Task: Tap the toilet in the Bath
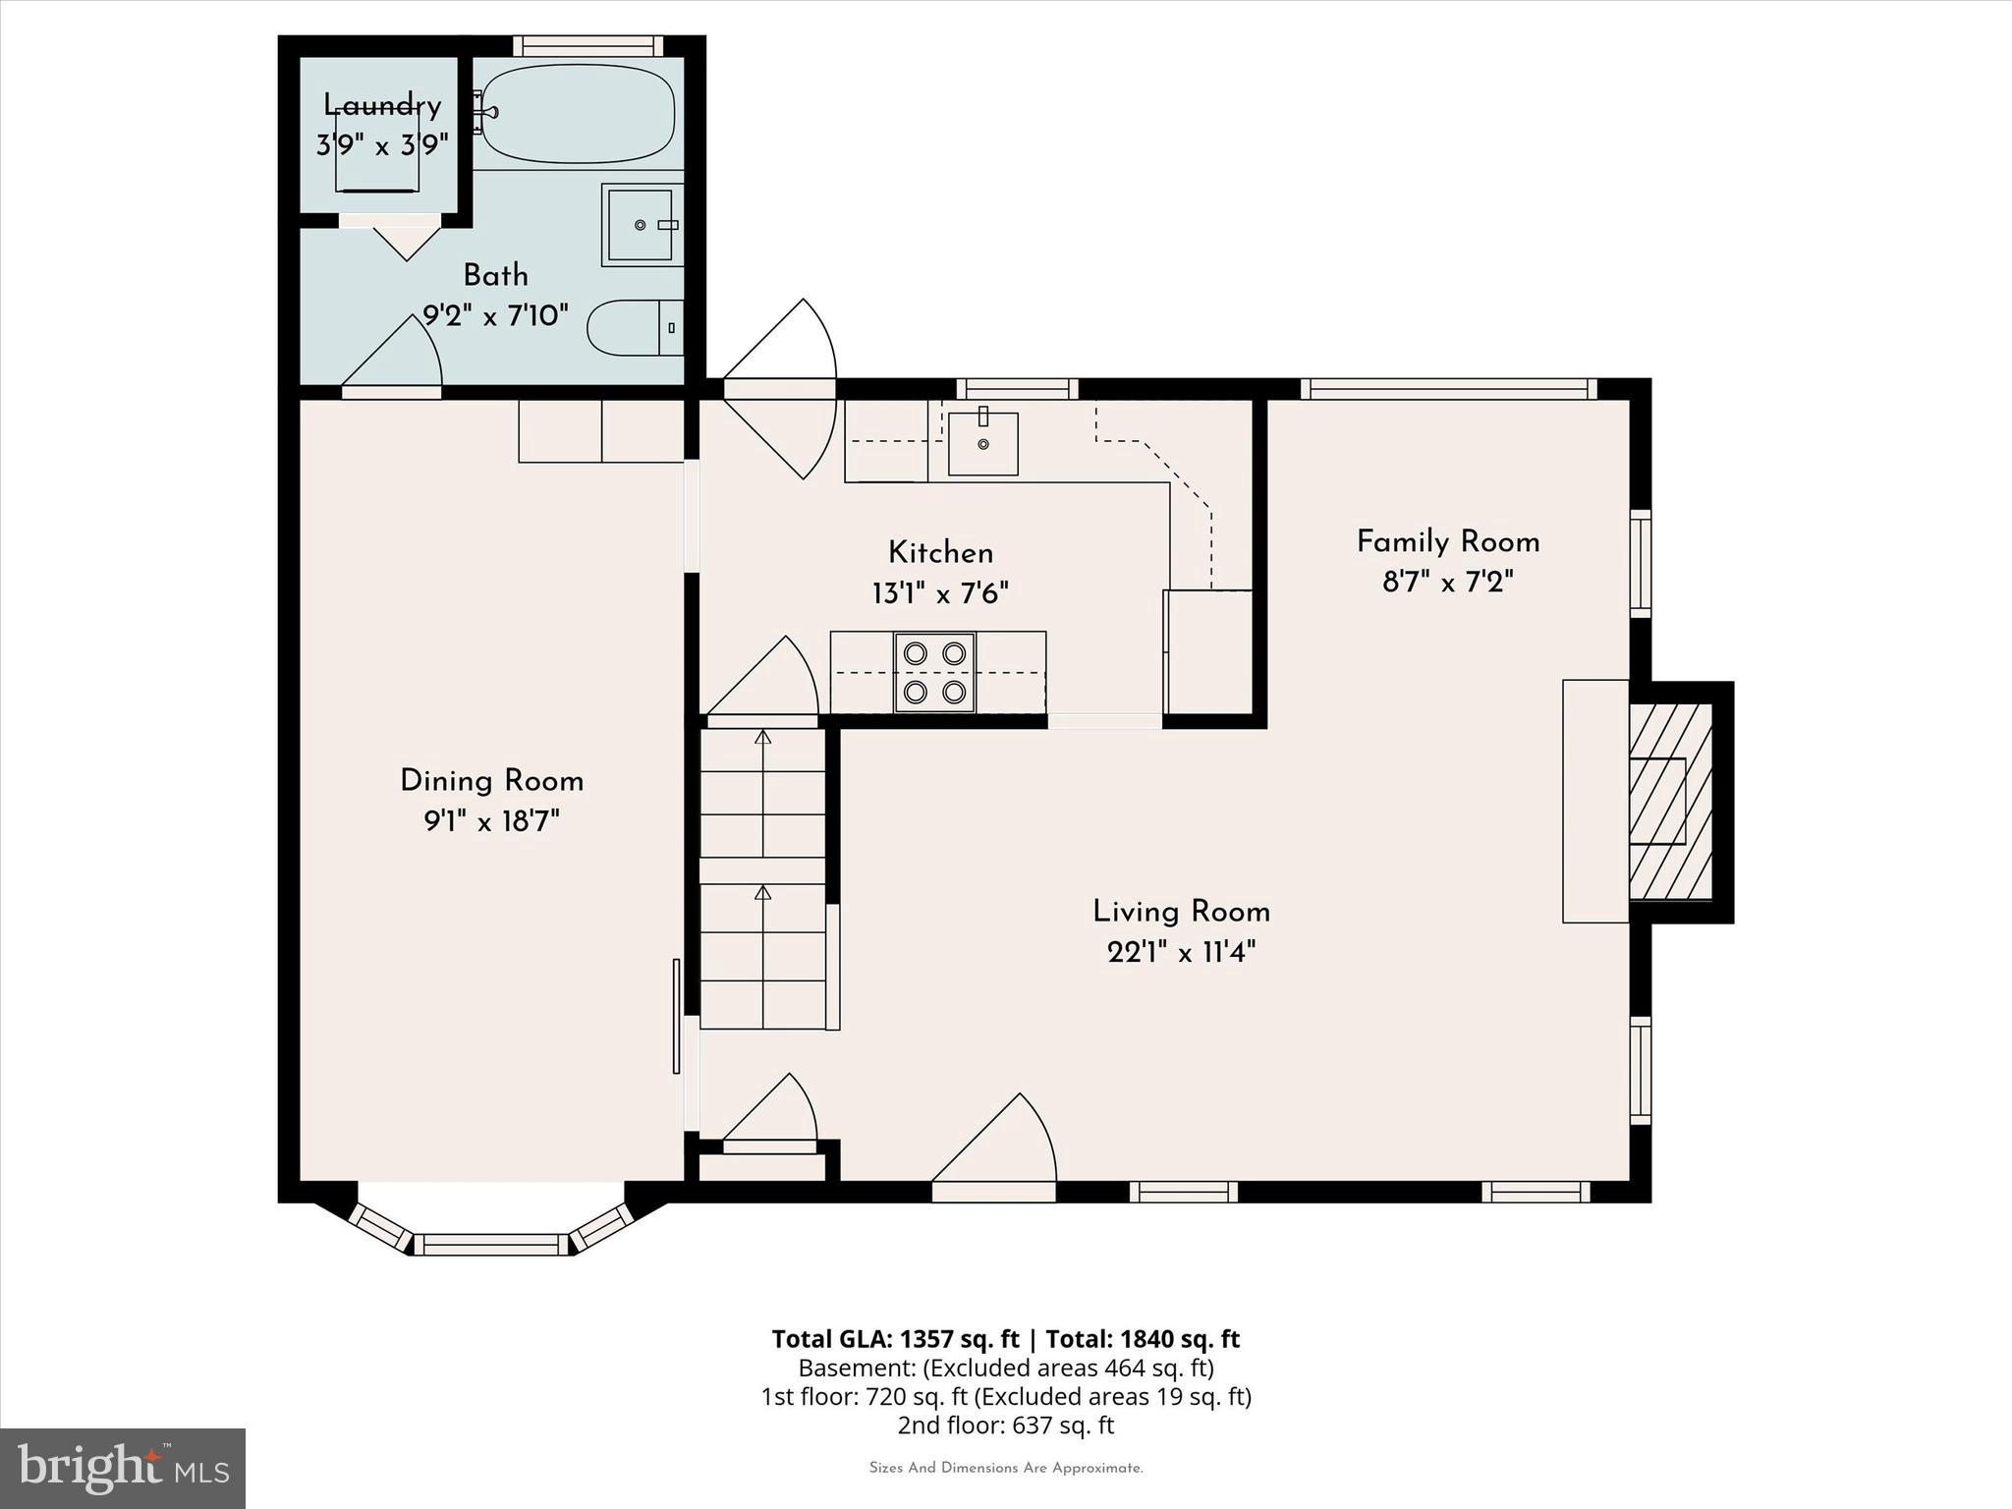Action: pyautogui.click(x=634, y=328)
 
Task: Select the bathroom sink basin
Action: pyautogui.click(x=640, y=225)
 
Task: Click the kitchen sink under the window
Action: pyautogui.click(x=982, y=444)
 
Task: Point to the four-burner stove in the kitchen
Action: pyautogui.click(x=934, y=672)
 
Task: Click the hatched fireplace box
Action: pyautogui.click(x=1670, y=802)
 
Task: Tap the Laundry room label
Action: pyautogui.click(x=382, y=105)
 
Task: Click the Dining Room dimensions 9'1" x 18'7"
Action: pyautogui.click(x=491, y=821)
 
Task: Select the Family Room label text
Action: pyautogui.click(x=1447, y=541)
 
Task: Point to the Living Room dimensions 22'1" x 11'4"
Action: pyautogui.click(x=1181, y=952)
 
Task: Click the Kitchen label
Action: pyautogui.click(x=940, y=552)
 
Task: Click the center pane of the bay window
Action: pyautogui.click(x=490, y=1245)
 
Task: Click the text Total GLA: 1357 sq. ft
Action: pyautogui.click(x=895, y=1339)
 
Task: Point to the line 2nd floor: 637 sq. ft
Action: pyautogui.click(x=1005, y=1425)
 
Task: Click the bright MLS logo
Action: pyautogui.click(x=123, y=1468)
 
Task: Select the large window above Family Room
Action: pyautogui.click(x=1448, y=389)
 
